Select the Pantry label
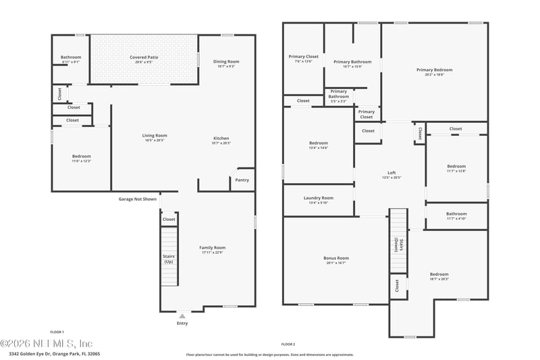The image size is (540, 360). point(242,180)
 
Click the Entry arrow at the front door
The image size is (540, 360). point(182,315)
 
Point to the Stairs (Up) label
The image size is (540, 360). point(169,259)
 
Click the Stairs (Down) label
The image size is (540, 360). point(397,245)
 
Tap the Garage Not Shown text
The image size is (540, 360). point(138,199)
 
